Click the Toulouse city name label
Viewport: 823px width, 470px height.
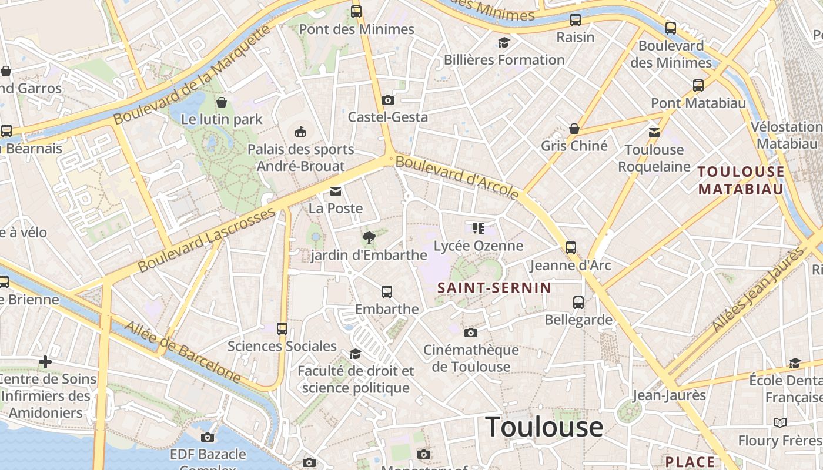(544, 427)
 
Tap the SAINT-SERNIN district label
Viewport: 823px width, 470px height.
(494, 288)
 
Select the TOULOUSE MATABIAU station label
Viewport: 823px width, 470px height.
(741, 180)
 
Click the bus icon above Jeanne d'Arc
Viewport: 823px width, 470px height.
(570, 248)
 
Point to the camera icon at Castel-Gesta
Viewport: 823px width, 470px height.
(387, 100)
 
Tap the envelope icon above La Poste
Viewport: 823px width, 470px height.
(336, 192)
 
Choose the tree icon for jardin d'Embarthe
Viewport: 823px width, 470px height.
(369, 238)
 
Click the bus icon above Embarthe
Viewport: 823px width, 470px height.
(386, 292)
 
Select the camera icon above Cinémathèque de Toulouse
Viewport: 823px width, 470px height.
(470, 333)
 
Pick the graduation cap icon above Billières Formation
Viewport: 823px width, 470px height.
(504, 42)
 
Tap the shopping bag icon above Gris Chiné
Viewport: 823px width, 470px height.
(574, 129)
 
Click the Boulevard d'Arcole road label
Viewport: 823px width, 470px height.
(457, 176)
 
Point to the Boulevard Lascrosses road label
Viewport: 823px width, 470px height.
(206, 239)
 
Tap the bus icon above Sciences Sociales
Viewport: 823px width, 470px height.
(282, 329)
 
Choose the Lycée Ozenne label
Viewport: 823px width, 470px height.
(478, 246)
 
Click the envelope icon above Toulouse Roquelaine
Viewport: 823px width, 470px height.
(654, 133)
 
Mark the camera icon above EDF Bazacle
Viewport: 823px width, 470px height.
(207, 437)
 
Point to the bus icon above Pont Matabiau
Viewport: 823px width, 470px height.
(698, 86)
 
